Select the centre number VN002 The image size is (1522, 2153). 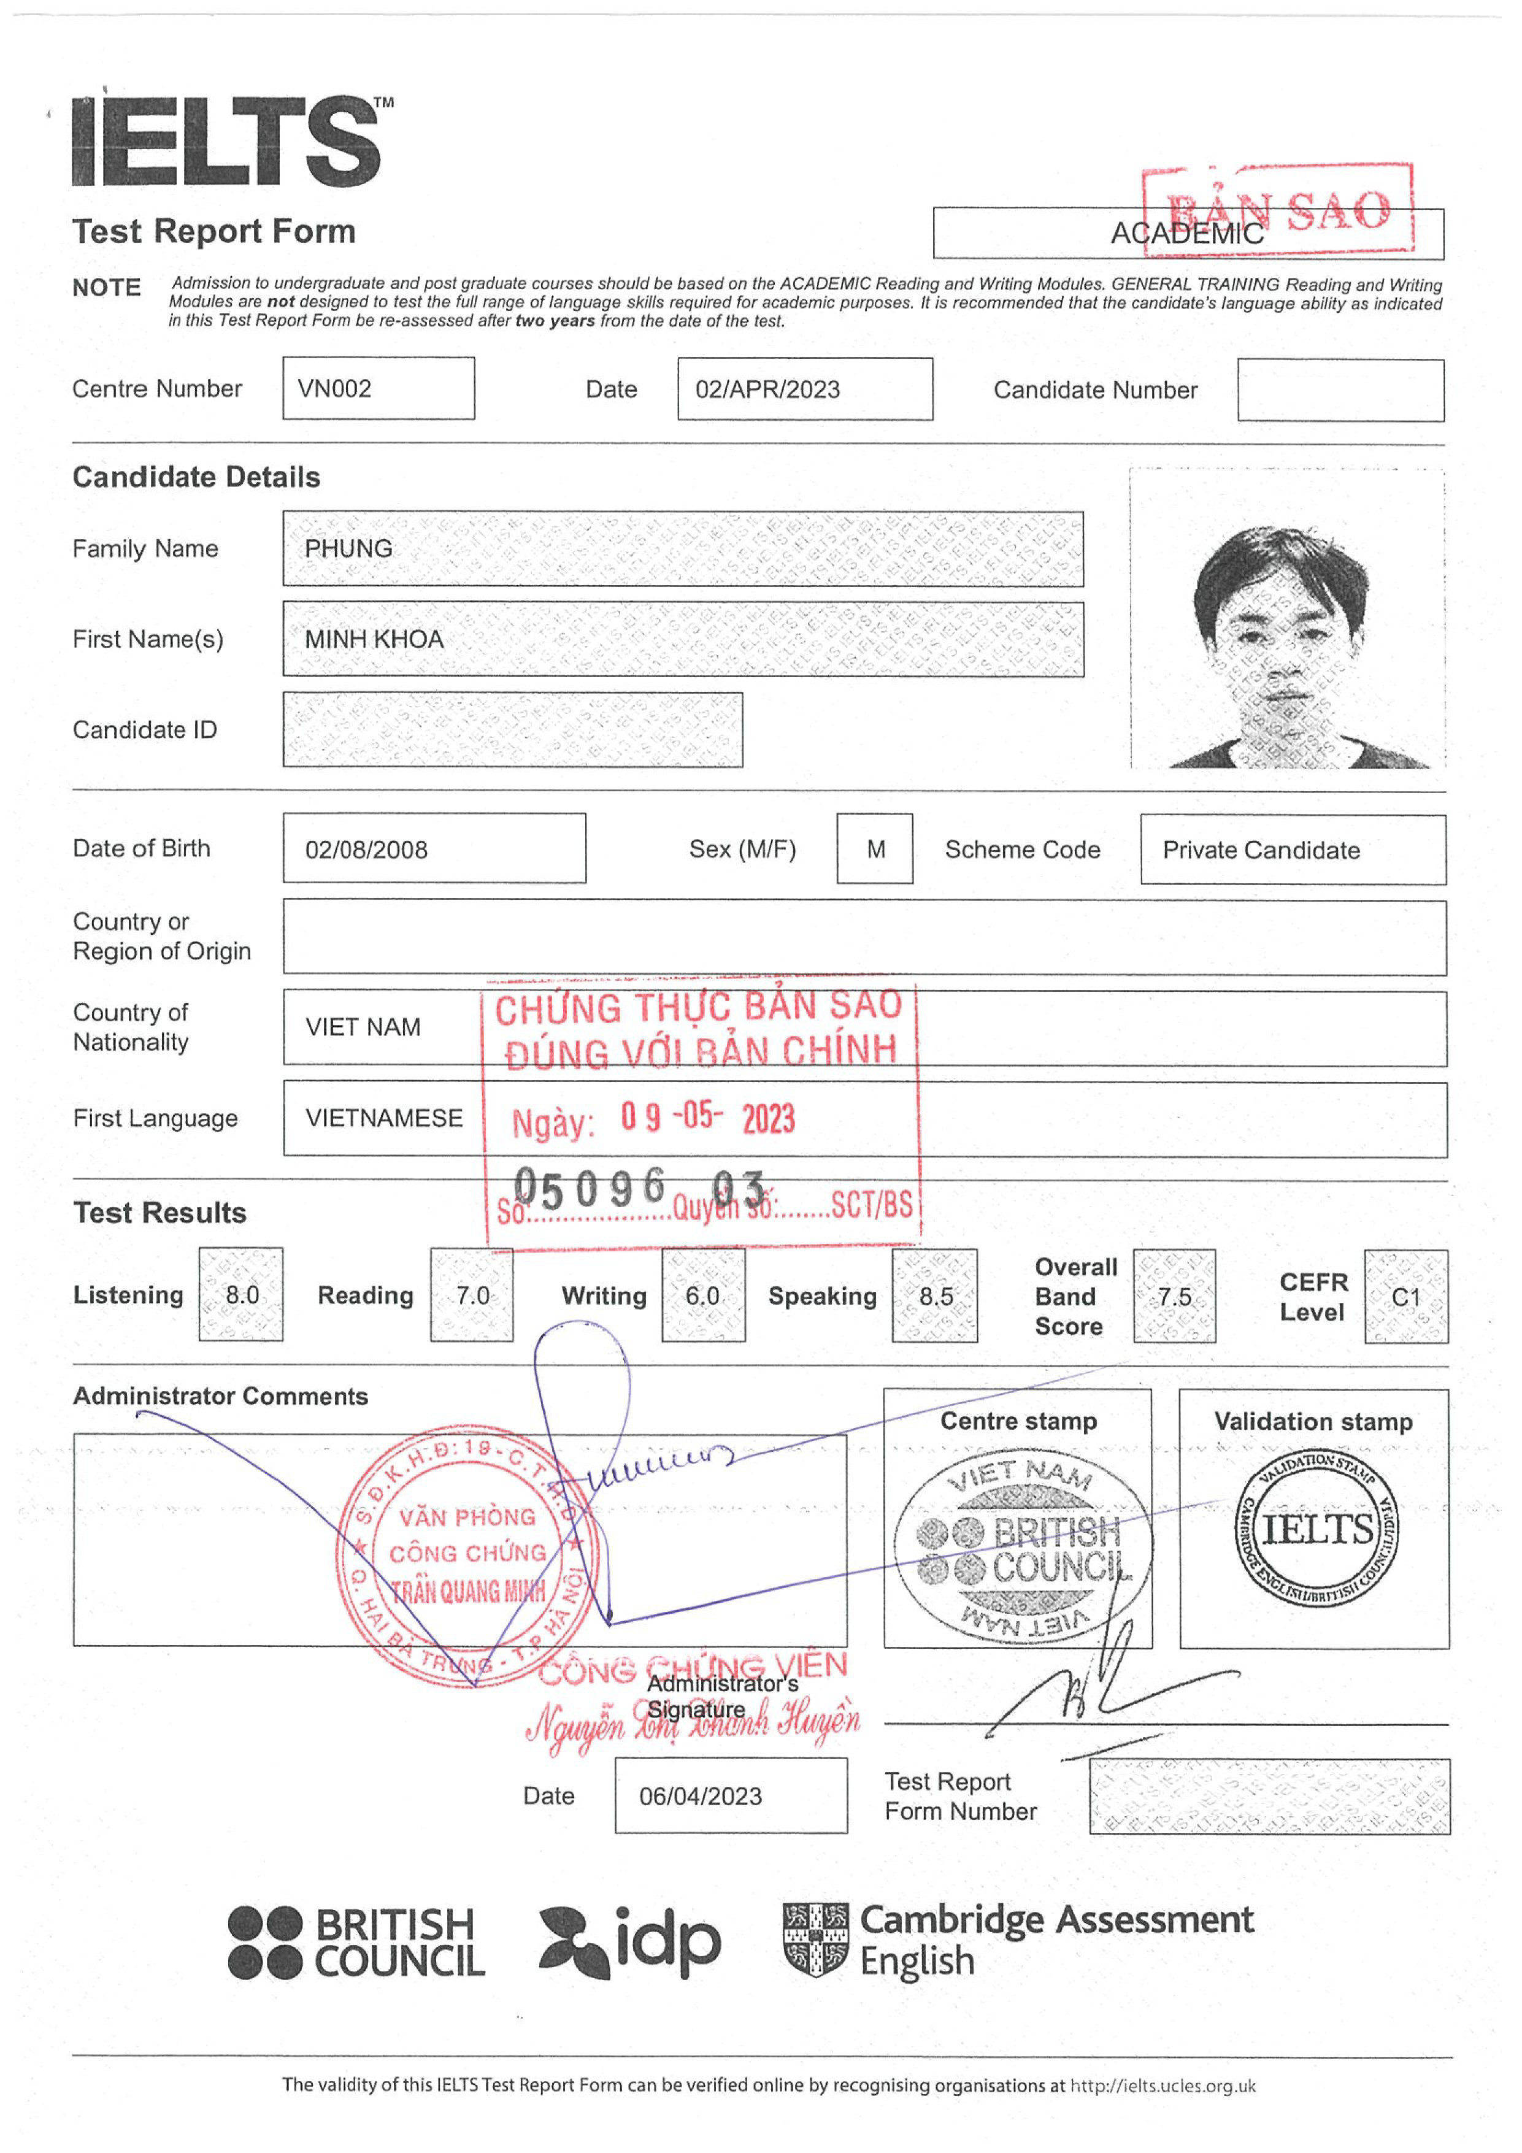tap(335, 388)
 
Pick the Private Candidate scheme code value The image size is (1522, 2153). tap(1261, 851)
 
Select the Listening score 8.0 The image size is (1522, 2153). tap(241, 1295)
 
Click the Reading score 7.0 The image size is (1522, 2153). tap(472, 1296)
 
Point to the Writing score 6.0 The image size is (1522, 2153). tap(702, 1296)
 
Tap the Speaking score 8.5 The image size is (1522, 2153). tap(935, 1297)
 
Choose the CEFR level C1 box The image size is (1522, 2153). tap(1405, 1298)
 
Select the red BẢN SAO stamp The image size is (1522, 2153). tap(1278, 211)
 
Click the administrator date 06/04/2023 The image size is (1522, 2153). tap(701, 1797)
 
